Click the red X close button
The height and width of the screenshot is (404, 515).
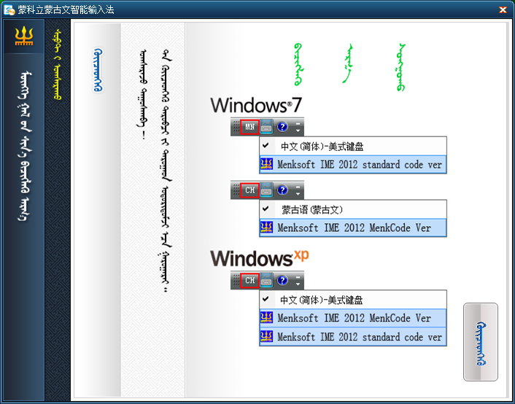click(503, 10)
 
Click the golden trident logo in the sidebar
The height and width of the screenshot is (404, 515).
click(24, 36)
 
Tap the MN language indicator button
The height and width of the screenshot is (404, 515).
click(250, 127)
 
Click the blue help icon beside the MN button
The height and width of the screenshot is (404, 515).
click(282, 127)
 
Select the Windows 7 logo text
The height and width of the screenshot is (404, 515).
click(256, 106)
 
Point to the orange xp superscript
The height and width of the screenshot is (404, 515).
click(301, 255)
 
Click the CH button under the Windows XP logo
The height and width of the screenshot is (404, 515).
click(250, 280)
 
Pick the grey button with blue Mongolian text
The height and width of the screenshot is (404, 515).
click(481, 342)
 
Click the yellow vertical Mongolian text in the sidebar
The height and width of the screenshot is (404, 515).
click(58, 64)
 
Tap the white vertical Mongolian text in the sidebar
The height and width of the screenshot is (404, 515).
click(25, 146)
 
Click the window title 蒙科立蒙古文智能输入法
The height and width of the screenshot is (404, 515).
click(66, 10)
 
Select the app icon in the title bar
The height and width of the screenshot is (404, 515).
click(9, 10)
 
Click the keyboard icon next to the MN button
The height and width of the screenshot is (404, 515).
click(266, 127)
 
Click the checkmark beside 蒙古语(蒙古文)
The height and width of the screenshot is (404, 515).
click(266, 209)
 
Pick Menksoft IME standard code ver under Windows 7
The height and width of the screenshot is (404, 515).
click(353, 164)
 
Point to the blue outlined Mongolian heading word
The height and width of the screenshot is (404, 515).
click(98, 70)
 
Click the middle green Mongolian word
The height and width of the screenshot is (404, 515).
click(347, 63)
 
